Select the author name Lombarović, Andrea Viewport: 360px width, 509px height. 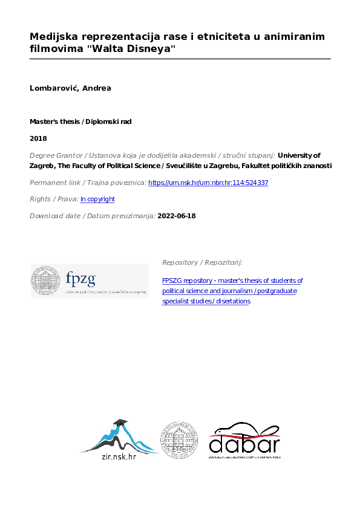pos(70,88)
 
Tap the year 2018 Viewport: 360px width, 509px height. pos(38,138)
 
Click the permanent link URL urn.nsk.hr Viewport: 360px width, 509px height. pos(208,183)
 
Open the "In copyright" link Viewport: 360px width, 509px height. pos(97,199)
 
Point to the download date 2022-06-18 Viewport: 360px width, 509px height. pos(177,216)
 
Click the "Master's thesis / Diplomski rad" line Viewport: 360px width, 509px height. pos(80,122)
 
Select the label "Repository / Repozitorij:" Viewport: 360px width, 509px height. pos(202,262)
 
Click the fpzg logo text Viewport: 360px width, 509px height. pos(80,279)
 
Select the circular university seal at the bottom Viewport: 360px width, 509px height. pos(179,439)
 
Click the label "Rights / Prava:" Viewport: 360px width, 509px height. pos(54,199)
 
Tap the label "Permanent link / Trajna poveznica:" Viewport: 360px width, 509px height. pos(88,183)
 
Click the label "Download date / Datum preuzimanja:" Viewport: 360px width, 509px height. pos(93,216)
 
